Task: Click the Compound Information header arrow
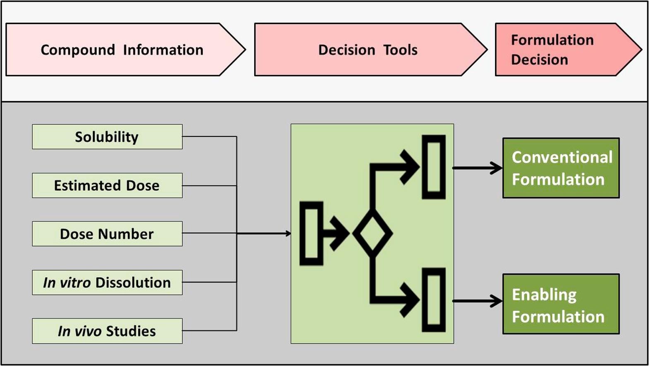[x=124, y=50]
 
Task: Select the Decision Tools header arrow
[x=368, y=50]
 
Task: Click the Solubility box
[x=107, y=137]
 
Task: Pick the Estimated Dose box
[x=107, y=185]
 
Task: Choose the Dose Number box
[x=107, y=234]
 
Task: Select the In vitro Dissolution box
[x=107, y=283]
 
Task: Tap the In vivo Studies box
[x=107, y=331]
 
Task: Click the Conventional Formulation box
[x=561, y=168]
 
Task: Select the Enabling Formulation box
[x=561, y=304]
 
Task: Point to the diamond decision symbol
[x=373, y=234]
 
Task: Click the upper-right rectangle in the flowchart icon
[x=433, y=167]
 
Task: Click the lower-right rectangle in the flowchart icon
[x=433, y=300]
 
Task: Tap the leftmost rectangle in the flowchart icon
[x=311, y=233]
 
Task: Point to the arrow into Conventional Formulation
[x=478, y=168]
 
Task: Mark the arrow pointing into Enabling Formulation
[x=478, y=301]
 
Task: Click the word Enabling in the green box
[x=544, y=295]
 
